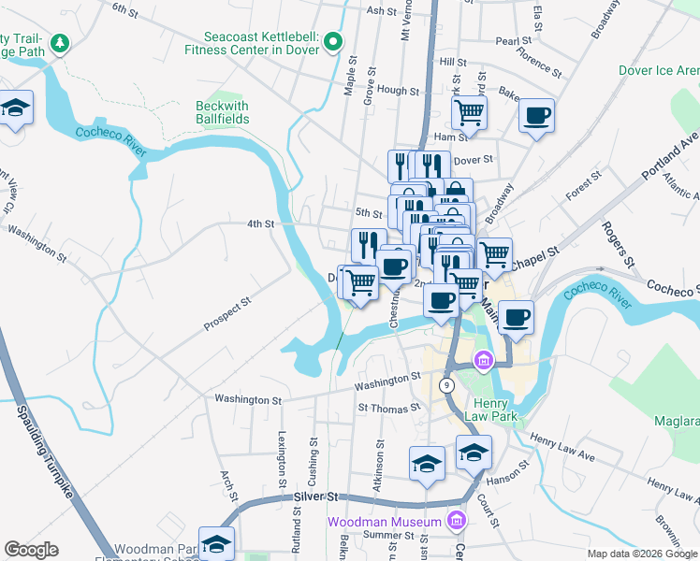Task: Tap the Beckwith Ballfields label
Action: pyautogui.click(x=222, y=112)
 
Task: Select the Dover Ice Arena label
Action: pyautogui.click(x=658, y=70)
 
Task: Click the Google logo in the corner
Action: pyautogui.click(x=31, y=550)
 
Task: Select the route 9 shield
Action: pyautogui.click(x=447, y=384)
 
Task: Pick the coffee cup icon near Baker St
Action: pyautogui.click(x=536, y=116)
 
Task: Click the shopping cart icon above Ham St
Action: pyautogui.click(x=469, y=113)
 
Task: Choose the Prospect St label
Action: pyautogui.click(x=228, y=315)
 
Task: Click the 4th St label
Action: pyautogui.click(x=260, y=224)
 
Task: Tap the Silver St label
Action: pyautogui.click(x=314, y=497)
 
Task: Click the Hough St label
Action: pyautogui.click(x=399, y=91)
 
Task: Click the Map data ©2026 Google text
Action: pyautogui.click(x=641, y=554)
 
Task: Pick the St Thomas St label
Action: pyautogui.click(x=388, y=409)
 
